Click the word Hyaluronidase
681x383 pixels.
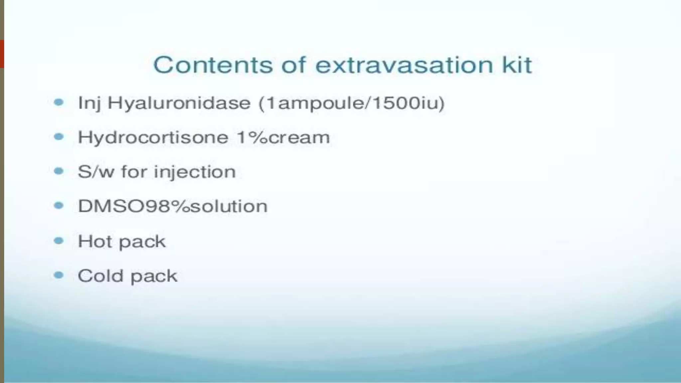click(179, 103)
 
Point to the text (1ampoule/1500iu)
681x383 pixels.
click(351, 103)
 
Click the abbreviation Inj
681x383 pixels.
click(89, 103)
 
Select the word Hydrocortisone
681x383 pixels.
click(153, 137)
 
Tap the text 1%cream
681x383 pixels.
click(283, 137)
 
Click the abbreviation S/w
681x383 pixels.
click(95, 172)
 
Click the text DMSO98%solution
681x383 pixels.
click(173, 206)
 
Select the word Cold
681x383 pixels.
click(100, 276)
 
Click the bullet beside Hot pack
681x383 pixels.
click(59, 240)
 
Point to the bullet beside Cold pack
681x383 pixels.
click(59, 275)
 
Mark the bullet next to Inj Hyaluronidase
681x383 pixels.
click(59, 102)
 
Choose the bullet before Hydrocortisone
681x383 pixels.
click(59, 137)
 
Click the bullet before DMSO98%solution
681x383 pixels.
click(59, 206)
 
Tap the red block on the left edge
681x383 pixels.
click(2, 54)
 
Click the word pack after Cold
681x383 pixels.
click(154, 277)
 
